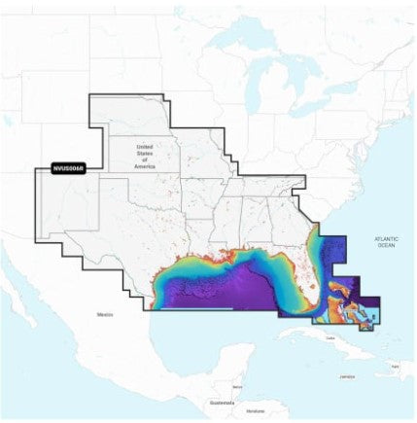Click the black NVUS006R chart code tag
pos(66,167)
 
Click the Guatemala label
pos(222,401)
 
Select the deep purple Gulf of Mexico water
pos(233,292)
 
